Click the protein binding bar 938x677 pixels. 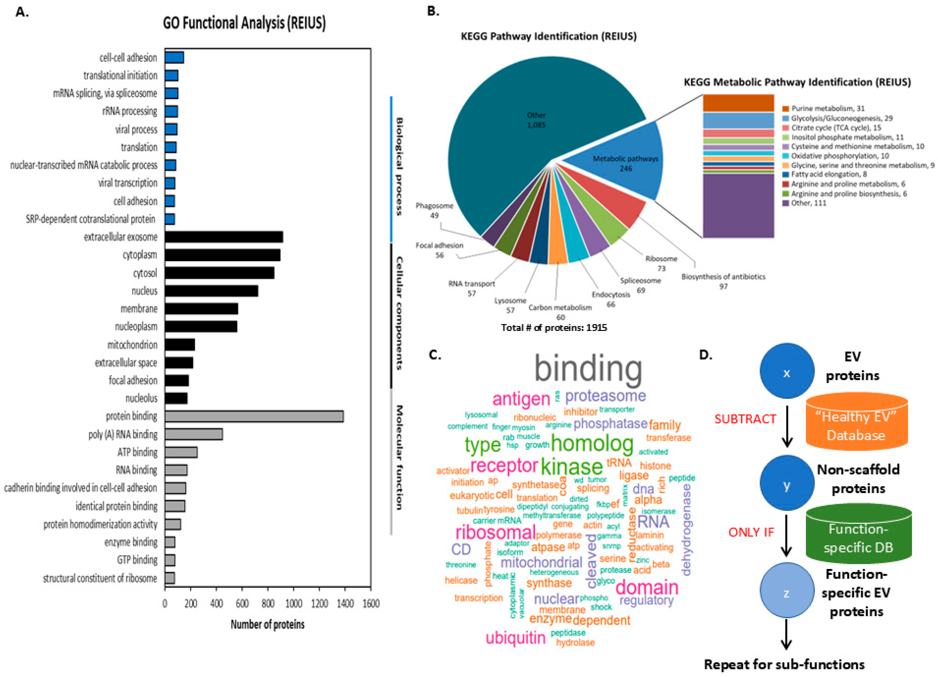click(254, 416)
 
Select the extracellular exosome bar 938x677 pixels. click(224, 237)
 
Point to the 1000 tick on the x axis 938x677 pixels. click(294, 604)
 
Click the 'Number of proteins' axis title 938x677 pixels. click(268, 624)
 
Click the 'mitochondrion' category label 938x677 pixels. click(132, 345)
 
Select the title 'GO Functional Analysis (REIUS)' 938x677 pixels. click(244, 23)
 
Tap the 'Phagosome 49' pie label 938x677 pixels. click(434, 210)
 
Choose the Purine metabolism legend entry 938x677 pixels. click(823, 108)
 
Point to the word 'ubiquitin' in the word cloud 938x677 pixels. click(515, 638)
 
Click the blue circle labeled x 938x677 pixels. click(787, 371)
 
